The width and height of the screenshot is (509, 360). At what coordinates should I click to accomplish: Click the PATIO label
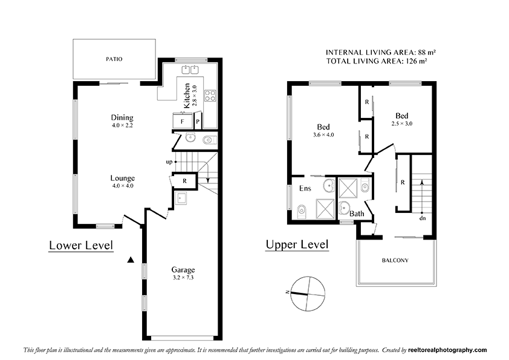coord(114,59)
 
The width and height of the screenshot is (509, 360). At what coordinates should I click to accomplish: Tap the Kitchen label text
coord(187,95)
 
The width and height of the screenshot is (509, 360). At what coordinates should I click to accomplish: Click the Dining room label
coord(122,117)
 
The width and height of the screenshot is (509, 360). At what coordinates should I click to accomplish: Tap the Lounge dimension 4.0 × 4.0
coord(122,186)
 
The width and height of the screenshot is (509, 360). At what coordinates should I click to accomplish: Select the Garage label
coord(183,270)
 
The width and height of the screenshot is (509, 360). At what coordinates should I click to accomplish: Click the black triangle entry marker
coord(130,260)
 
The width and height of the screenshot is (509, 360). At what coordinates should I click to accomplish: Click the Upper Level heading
coord(297,244)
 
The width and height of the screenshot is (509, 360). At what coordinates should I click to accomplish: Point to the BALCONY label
coord(395,261)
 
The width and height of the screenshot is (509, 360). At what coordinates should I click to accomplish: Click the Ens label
coord(305,189)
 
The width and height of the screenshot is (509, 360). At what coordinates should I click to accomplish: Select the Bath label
coord(357,214)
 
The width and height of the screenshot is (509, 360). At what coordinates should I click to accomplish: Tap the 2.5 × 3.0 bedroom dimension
coord(402,123)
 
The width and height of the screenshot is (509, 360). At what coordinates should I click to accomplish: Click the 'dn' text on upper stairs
coord(423,218)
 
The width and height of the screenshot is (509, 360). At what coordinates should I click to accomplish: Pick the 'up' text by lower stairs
coord(169,162)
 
